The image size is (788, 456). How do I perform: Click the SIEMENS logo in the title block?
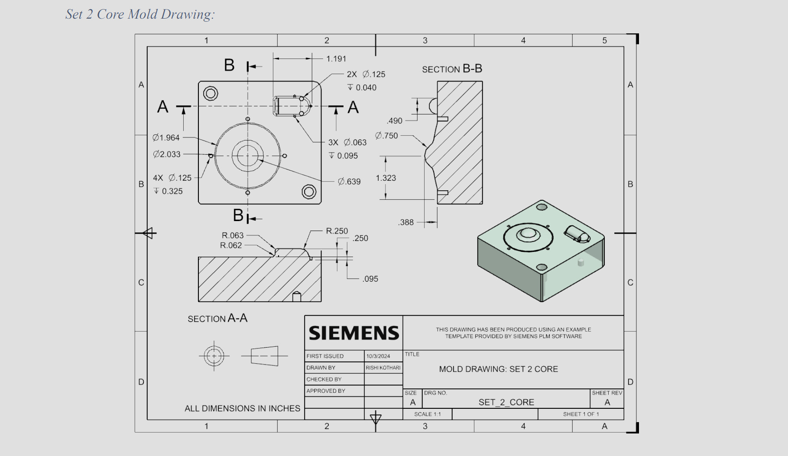[x=353, y=333]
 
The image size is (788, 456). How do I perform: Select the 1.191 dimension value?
[x=336, y=59]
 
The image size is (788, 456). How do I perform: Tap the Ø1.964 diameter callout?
[x=166, y=137]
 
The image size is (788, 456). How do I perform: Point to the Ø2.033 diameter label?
[x=167, y=154]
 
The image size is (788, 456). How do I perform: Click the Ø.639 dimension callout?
[x=349, y=181]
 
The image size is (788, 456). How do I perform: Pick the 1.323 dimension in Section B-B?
[x=386, y=178]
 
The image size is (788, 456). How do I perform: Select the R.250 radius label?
[x=337, y=231]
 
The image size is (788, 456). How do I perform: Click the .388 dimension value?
[x=406, y=222]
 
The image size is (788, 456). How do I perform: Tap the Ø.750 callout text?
[x=386, y=136]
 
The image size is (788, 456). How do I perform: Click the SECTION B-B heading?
[x=452, y=69]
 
